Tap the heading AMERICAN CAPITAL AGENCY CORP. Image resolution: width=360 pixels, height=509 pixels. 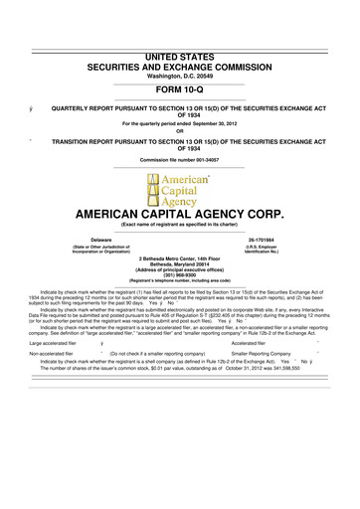click(180, 215)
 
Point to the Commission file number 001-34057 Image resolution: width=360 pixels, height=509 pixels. click(180, 160)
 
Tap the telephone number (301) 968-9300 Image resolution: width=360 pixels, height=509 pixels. click(180, 277)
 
